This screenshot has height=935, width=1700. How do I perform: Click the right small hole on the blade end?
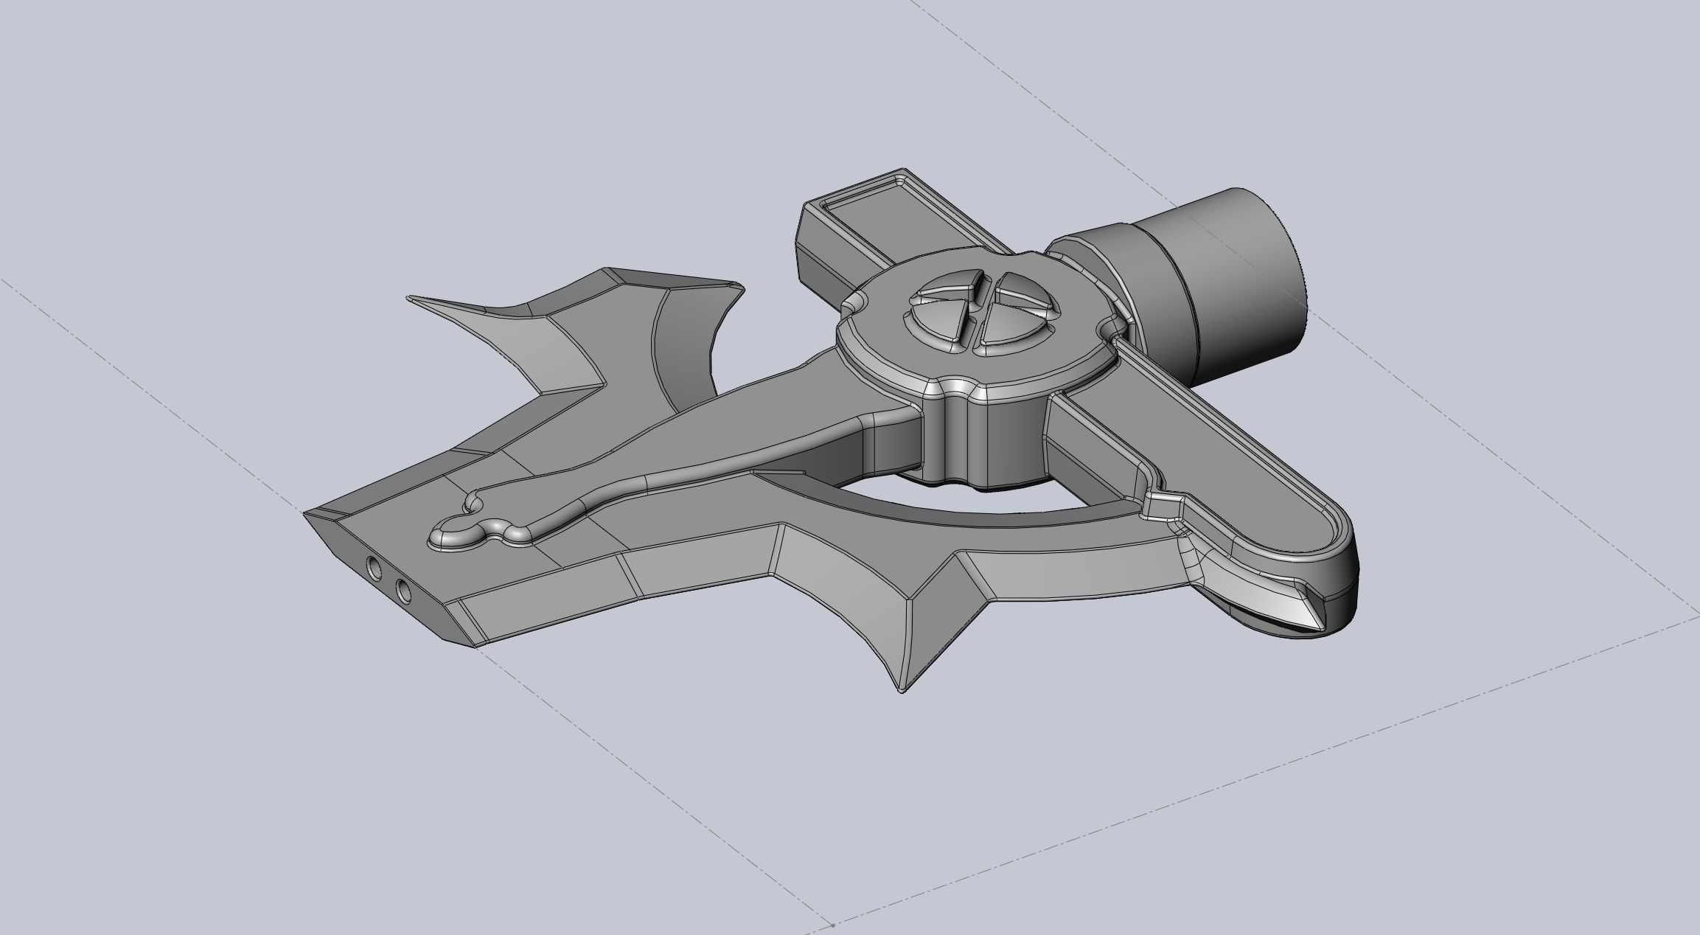coord(403,590)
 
